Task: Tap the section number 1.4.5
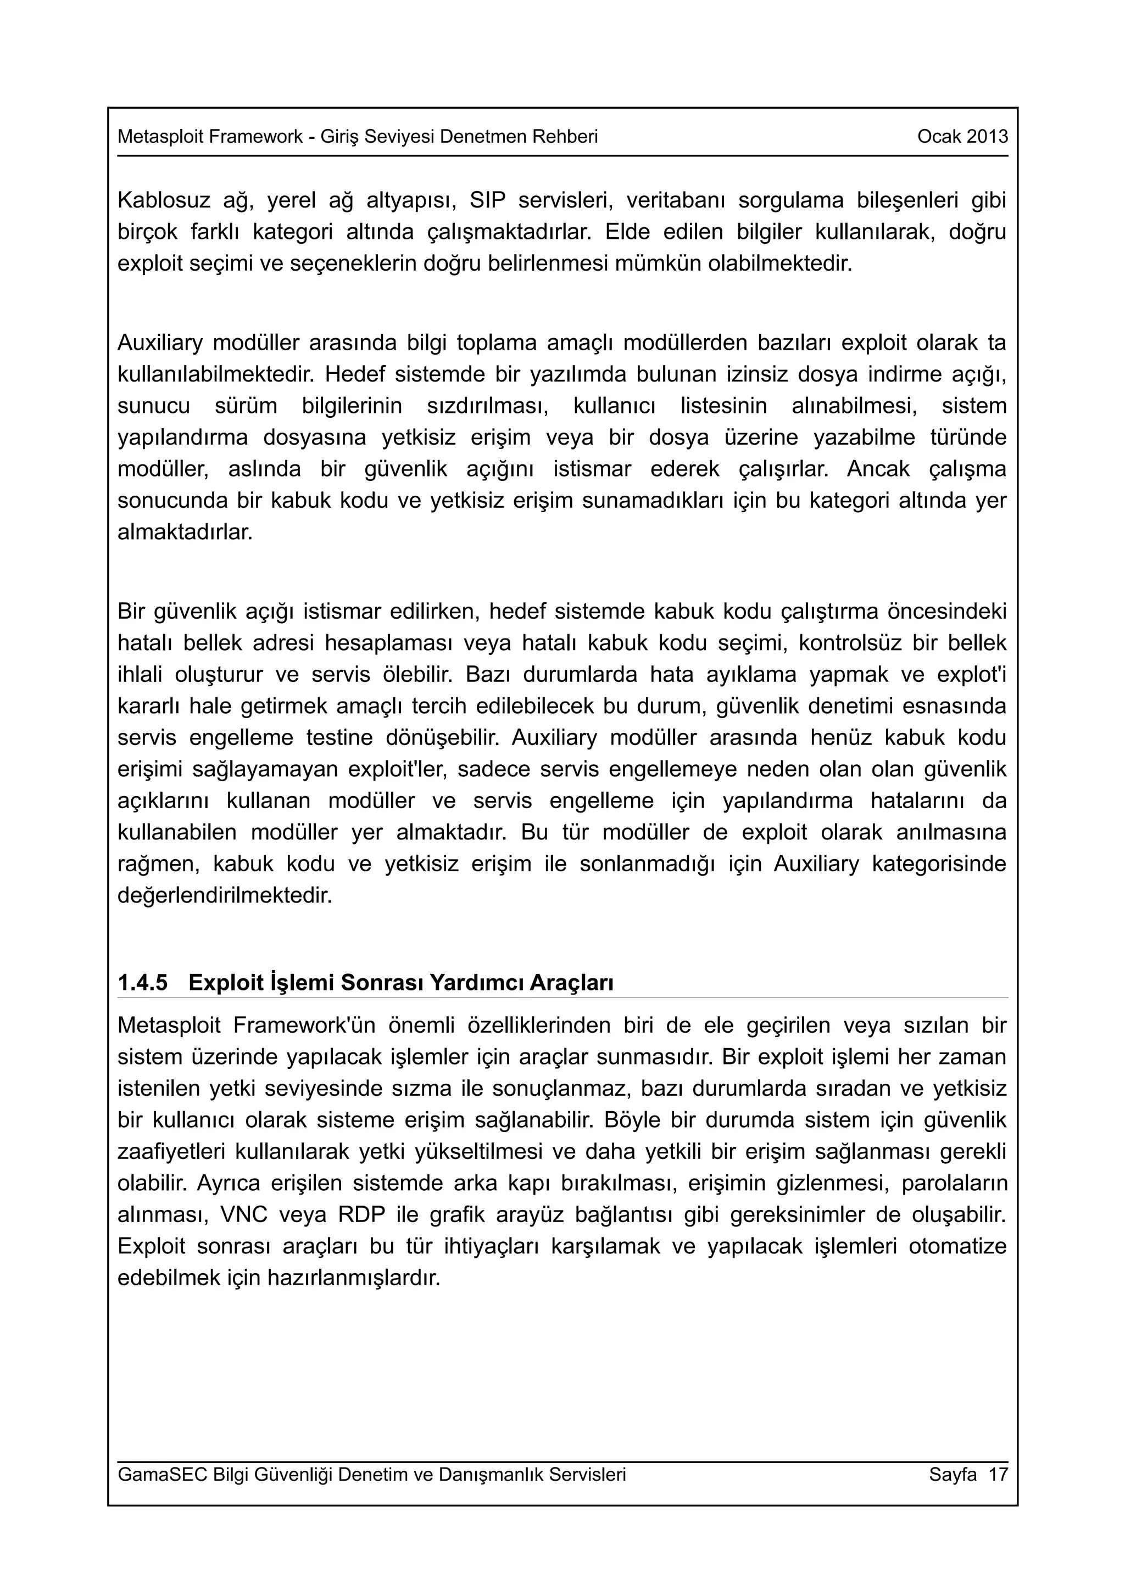[x=143, y=983]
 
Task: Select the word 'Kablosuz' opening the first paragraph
[x=164, y=200]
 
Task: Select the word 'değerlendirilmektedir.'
[x=225, y=895]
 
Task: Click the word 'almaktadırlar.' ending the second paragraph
[x=185, y=532]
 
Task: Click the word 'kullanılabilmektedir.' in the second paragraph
[x=216, y=374]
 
